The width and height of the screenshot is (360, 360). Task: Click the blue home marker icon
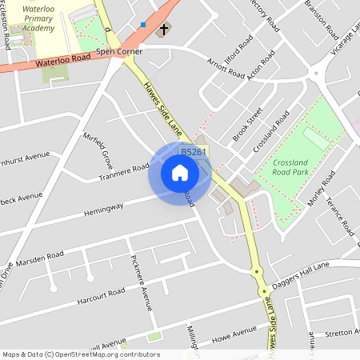pos(179,173)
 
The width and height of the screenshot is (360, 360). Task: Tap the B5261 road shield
pos(194,152)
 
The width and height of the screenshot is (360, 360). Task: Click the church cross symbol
pos(163,30)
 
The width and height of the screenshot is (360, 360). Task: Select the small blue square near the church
pos(142,25)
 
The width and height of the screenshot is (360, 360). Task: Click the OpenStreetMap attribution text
pos(80,354)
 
